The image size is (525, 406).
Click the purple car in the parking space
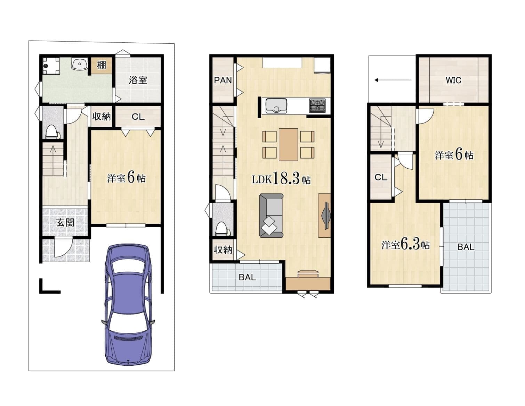(128, 305)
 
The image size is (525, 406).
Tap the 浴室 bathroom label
(138, 80)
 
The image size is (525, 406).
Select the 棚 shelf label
(102, 65)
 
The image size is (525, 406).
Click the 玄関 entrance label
(65, 222)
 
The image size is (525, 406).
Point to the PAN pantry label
(223, 80)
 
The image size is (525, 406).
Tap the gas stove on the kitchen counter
(317, 106)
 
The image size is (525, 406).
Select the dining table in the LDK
(288, 144)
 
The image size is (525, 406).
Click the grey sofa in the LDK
(271, 215)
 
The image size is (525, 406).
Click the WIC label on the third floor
(453, 80)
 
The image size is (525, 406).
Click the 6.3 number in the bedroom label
(411, 244)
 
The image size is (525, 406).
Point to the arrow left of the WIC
(393, 80)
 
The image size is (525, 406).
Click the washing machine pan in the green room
(51, 66)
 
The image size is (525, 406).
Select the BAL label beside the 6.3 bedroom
(466, 247)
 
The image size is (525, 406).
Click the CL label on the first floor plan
(138, 117)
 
